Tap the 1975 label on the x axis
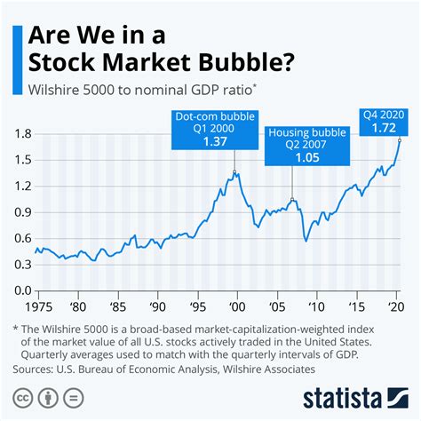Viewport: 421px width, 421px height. [36, 306]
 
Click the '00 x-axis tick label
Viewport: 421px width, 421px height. [234, 306]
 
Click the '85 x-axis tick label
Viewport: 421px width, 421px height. [116, 306]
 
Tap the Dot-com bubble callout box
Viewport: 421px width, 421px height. [234, 129]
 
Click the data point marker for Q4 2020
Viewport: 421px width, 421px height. [399, 139]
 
